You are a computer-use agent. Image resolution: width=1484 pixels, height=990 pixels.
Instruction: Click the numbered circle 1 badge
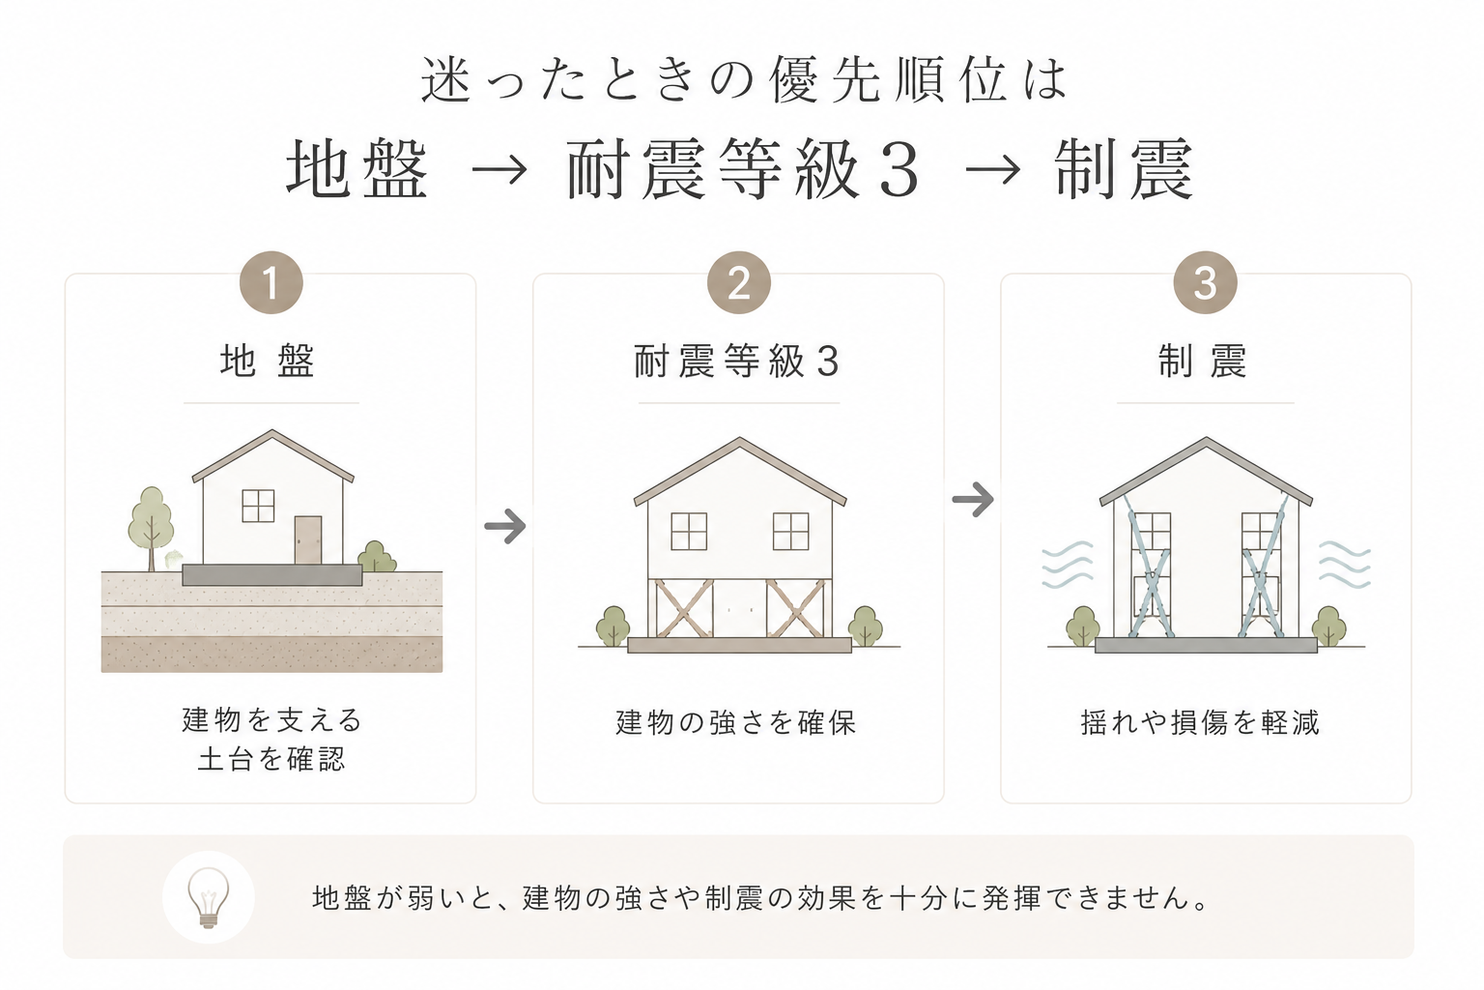pyautogui.click(x=271, y=282)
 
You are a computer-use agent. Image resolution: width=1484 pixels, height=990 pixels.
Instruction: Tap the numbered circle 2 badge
pyautogui.click(x=739, y=282)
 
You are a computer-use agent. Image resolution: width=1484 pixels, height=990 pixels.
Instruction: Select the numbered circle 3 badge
pyautogui.click(x=1205, y=282)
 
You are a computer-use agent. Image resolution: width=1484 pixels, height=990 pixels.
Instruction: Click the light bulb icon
pyautogui.click(x=209, y=897)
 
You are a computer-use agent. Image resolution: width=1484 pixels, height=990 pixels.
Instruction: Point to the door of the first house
pyautogui.click(x=308, y=539)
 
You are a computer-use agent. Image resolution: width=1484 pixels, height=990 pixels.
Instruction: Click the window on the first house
pyautogui.click(x=258, y=506)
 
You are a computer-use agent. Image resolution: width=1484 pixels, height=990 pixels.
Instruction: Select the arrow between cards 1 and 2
pyautogui.click(x=505, y=526)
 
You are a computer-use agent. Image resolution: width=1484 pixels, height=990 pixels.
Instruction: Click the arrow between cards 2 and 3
pyautogui.click(x=973, y=499)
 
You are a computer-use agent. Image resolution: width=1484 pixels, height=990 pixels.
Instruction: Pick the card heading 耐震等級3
pyautogui.click(x=737, y=362)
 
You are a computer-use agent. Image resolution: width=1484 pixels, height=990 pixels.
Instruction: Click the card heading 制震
pyautogui.click(x=1203, y=362)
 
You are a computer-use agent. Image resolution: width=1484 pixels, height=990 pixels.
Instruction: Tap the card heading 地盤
pyautogui.click(x=268, y=362)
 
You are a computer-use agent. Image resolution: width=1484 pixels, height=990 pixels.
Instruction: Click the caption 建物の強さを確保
pyautogui.click(x=736, y=723)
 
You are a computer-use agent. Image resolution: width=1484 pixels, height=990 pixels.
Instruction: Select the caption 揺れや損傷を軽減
pyautogui.click(x=1200, y=723)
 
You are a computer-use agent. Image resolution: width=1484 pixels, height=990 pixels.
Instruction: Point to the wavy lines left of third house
pyautogui.click(x=1068, y=565)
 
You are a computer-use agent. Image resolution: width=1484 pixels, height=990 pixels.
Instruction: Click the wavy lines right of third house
pyautogui.click(x=1345, y=565)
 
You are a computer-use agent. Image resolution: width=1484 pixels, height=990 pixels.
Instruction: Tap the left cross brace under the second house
pyautogui.click(x=684, y=608)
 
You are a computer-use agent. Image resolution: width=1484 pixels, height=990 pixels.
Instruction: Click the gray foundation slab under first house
pyautogui.click(x=272, y=575)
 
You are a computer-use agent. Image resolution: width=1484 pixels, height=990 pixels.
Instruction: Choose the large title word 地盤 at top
pyautogui.click(x=357, y=168)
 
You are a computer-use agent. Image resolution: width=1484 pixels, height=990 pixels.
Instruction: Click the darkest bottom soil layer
pyautogui.click(x=271, y=655)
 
